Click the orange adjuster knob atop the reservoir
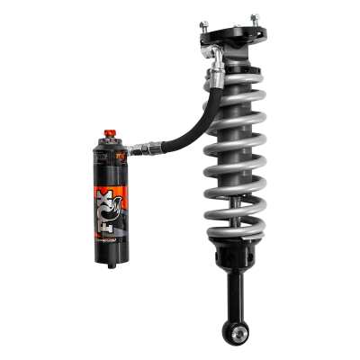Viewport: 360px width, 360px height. click(112, 134)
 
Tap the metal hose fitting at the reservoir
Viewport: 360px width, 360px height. click(135, 146)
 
